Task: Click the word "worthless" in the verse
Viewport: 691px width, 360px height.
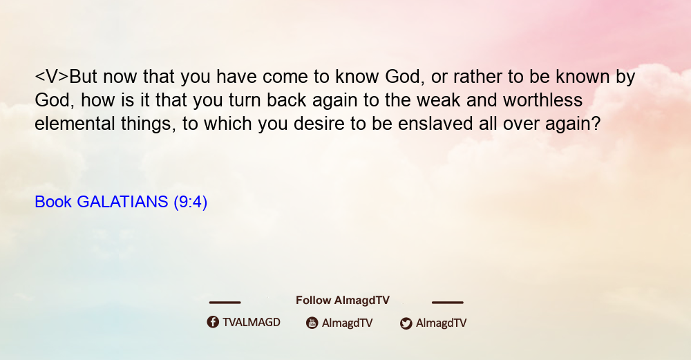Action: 543,100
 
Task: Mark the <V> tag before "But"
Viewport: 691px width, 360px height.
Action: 52,77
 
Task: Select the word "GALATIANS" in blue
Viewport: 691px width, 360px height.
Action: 122,202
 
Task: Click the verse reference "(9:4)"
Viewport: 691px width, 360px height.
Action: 191,202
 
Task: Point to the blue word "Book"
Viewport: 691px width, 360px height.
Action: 53,202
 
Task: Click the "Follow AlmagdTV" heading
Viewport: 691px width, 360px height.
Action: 343,300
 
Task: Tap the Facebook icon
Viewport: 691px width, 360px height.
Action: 213,322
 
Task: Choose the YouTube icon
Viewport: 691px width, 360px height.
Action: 312,323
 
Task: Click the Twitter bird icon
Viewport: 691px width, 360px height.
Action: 406,323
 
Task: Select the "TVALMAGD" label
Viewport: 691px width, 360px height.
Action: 252,322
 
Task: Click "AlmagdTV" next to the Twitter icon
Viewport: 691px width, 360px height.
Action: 441,323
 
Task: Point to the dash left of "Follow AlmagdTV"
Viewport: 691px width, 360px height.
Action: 225,302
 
